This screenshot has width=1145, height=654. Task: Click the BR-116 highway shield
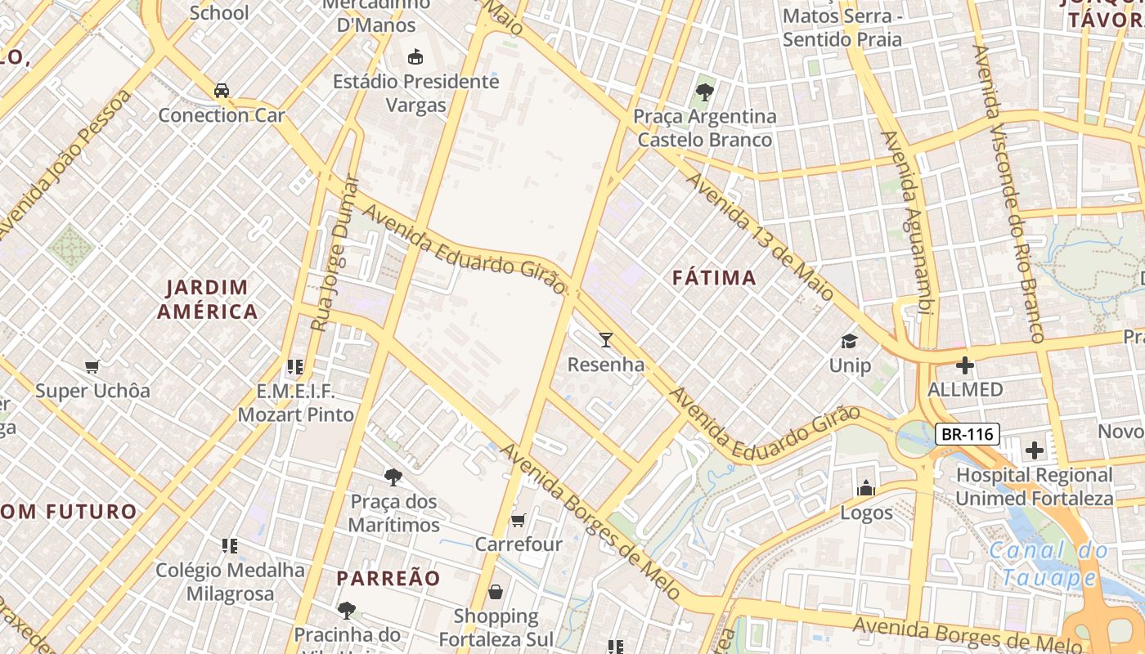click(x=968, y=434)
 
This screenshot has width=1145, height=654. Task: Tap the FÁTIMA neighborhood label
click(x=714, y=278)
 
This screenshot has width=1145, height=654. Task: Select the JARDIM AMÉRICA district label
click(x=208, y=299)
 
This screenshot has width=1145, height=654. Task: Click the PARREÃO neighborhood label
click(x=388, y=578)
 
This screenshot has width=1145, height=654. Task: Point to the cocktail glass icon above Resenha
click(x=606, y=339)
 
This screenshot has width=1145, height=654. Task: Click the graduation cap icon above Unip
click(x=850, y=340)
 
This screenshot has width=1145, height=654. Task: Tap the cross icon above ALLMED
click(x=965, y=365)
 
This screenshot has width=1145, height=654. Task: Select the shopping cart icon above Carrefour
click(x=518, y=520)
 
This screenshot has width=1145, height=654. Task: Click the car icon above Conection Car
click(x=222, y=90)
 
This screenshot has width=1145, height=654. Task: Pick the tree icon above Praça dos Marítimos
click(x=393, y=477)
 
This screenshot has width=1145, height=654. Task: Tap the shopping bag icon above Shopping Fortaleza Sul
click(x=496, y=592)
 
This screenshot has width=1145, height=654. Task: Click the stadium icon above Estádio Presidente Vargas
click(x=416, y=56)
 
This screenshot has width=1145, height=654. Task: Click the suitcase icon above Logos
click(x=865, y=489)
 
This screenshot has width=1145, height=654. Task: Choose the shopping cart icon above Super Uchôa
click(x=92, y=367)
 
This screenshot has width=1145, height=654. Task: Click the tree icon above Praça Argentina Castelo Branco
click(x=704, y=92)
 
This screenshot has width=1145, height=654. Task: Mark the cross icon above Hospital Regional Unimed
click(x=1035, y=450)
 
